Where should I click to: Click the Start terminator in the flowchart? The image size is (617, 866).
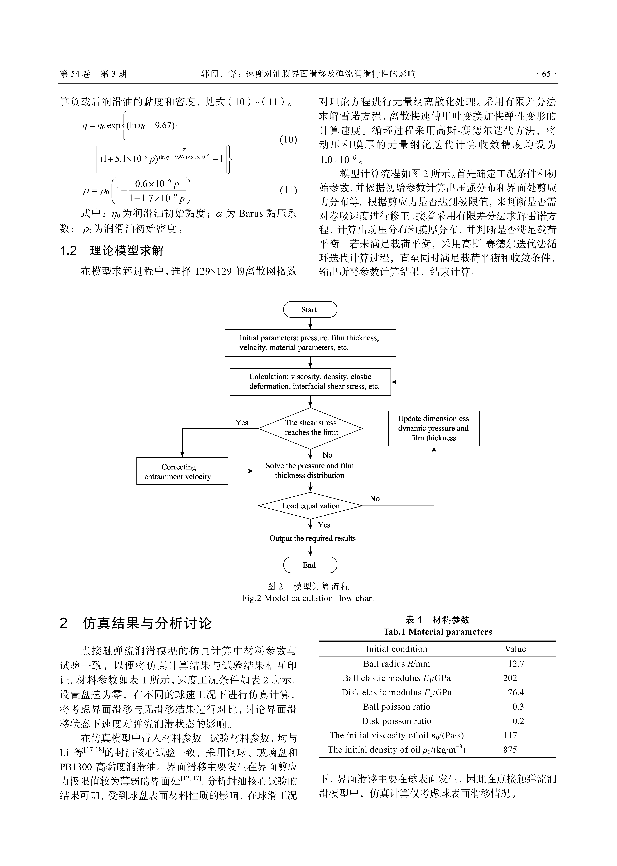tap(310, 310)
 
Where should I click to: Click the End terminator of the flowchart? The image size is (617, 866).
tap(310, 565)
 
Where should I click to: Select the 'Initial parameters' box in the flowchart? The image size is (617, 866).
tap(310, 343)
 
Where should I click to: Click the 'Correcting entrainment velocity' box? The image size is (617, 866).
tap(182, 471)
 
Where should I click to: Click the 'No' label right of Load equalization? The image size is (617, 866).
tap(375, 498)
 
